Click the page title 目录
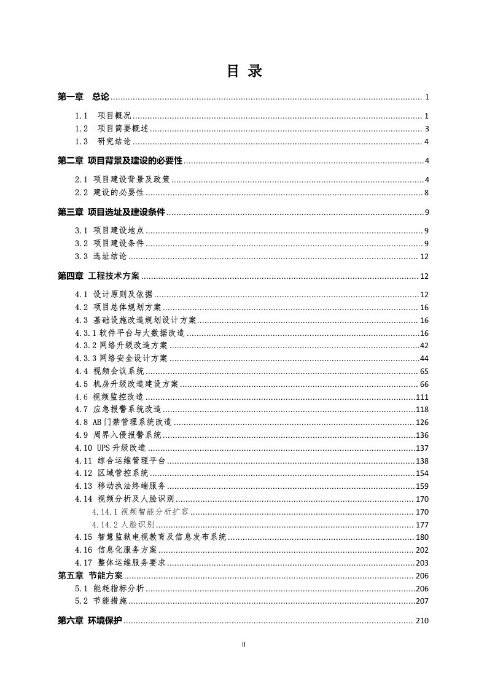244,71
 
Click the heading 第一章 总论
83,97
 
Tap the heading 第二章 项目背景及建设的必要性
120,162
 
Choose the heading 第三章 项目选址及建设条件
112,213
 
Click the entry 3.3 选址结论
101,257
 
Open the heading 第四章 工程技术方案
98,276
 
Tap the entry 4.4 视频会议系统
109,372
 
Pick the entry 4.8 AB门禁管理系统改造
123,422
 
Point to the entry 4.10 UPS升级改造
111,448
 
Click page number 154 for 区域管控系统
422,473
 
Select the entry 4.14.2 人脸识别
123,525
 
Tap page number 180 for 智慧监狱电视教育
422,537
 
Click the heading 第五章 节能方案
90,576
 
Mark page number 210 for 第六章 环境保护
422,621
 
